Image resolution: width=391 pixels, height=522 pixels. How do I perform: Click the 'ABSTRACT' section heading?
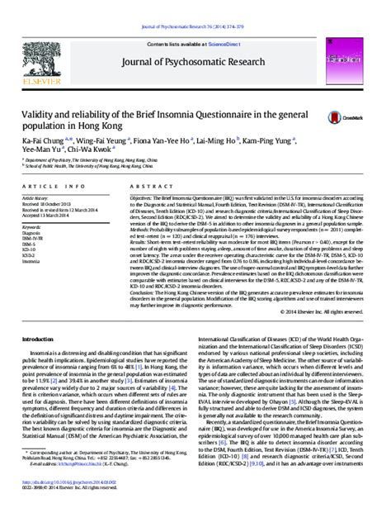pos(146,187)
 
